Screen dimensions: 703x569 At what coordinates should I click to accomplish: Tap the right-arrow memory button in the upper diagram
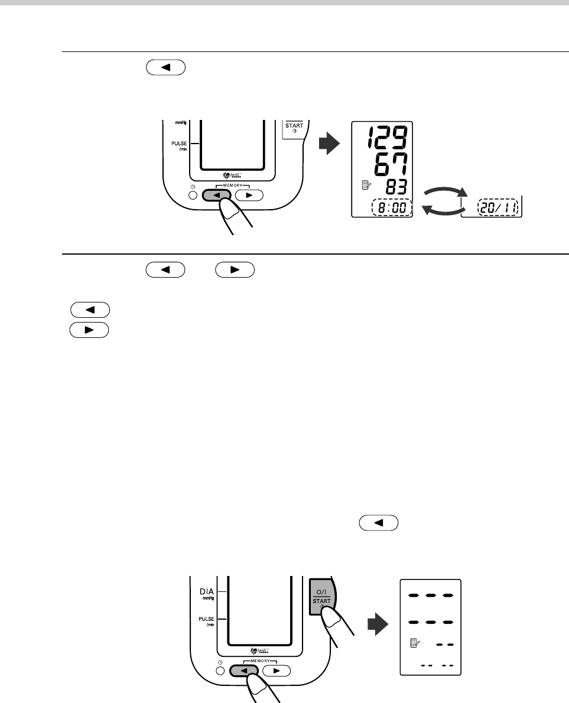[248, 194]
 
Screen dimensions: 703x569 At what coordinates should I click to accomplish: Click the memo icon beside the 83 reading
[365, 185]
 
